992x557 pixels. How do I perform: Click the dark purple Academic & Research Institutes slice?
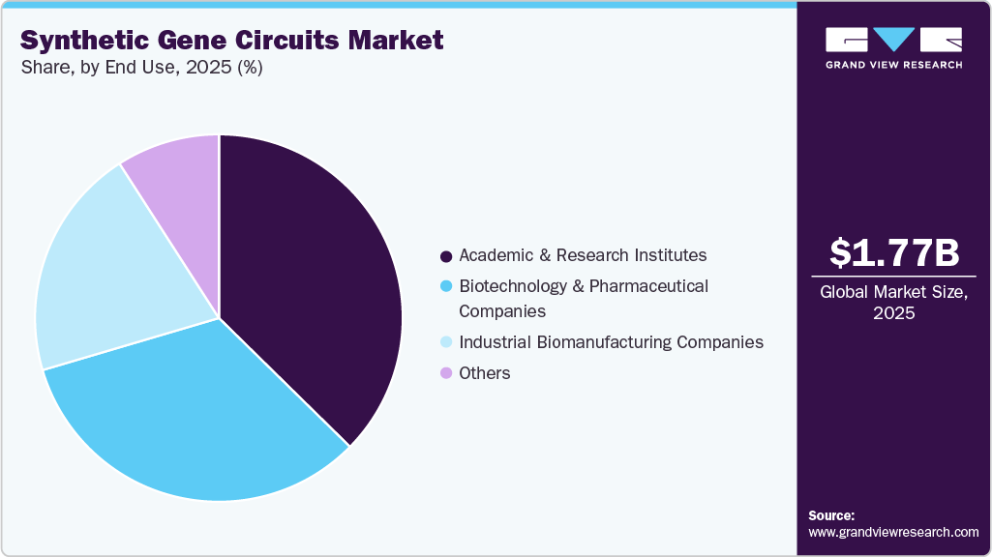pos(310,280)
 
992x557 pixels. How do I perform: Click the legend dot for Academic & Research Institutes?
pos(446,256)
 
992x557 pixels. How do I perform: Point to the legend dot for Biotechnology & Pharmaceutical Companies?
pos(446,287)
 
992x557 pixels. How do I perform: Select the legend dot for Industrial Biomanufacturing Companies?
pos(446,343)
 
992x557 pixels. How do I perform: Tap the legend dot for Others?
pos(446,373)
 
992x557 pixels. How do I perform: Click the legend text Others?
pos(485,373)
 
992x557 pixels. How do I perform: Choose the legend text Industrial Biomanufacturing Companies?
pos(611,342)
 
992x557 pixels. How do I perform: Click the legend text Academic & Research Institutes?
pos(583,255)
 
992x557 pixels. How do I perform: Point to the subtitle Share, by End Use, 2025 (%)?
pos(141,68)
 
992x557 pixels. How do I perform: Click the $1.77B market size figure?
pos(894,253)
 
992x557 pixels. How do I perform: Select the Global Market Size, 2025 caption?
pos(894,303)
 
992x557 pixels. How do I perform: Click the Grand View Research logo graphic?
pos(893,41)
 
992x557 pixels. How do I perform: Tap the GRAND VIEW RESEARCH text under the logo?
pos(893,65)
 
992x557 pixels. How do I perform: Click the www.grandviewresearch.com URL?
pos(893,532)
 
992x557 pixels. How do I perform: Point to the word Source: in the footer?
pos(831,515)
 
